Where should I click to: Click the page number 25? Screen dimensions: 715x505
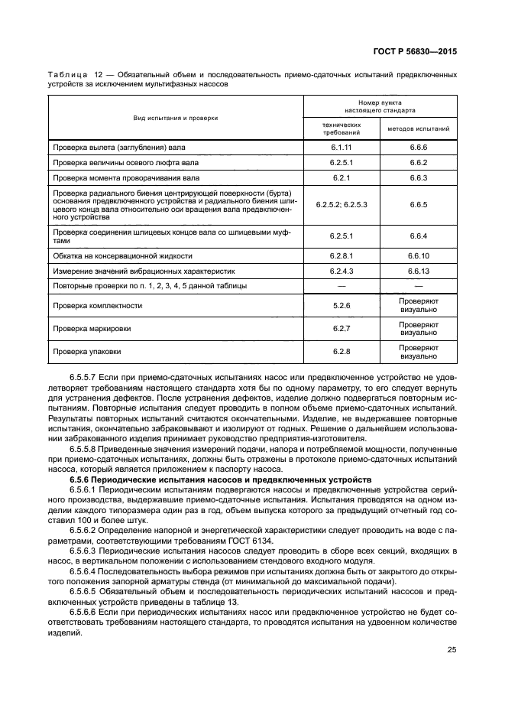[452, 650]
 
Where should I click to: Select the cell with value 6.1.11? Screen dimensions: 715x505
[342, 145]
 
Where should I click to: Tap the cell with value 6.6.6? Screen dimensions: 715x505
[418, 145]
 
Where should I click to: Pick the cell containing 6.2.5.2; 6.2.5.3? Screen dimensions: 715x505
[342, 205]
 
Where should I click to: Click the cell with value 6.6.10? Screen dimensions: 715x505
[418, 255]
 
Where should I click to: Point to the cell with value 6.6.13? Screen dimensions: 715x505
[418, 271]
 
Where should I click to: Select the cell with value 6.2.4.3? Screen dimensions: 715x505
[342, 271]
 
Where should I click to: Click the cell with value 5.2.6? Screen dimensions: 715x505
[342, 306]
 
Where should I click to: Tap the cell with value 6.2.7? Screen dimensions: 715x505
[342, 329]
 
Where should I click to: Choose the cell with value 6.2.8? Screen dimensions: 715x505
[342, 352]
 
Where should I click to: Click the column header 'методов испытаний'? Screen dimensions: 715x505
[418, 128]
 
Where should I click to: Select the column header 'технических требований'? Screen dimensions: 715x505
[342, 128]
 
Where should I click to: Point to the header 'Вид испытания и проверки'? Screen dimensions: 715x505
[175, 118]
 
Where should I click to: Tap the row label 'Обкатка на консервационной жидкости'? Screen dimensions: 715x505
[122, 255]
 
